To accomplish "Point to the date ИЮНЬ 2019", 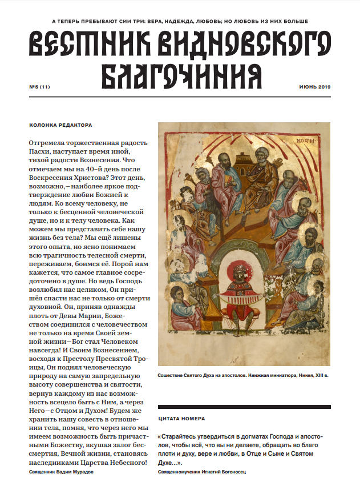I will (315, 87).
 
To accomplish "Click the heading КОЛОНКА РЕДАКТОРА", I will (60, 125).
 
